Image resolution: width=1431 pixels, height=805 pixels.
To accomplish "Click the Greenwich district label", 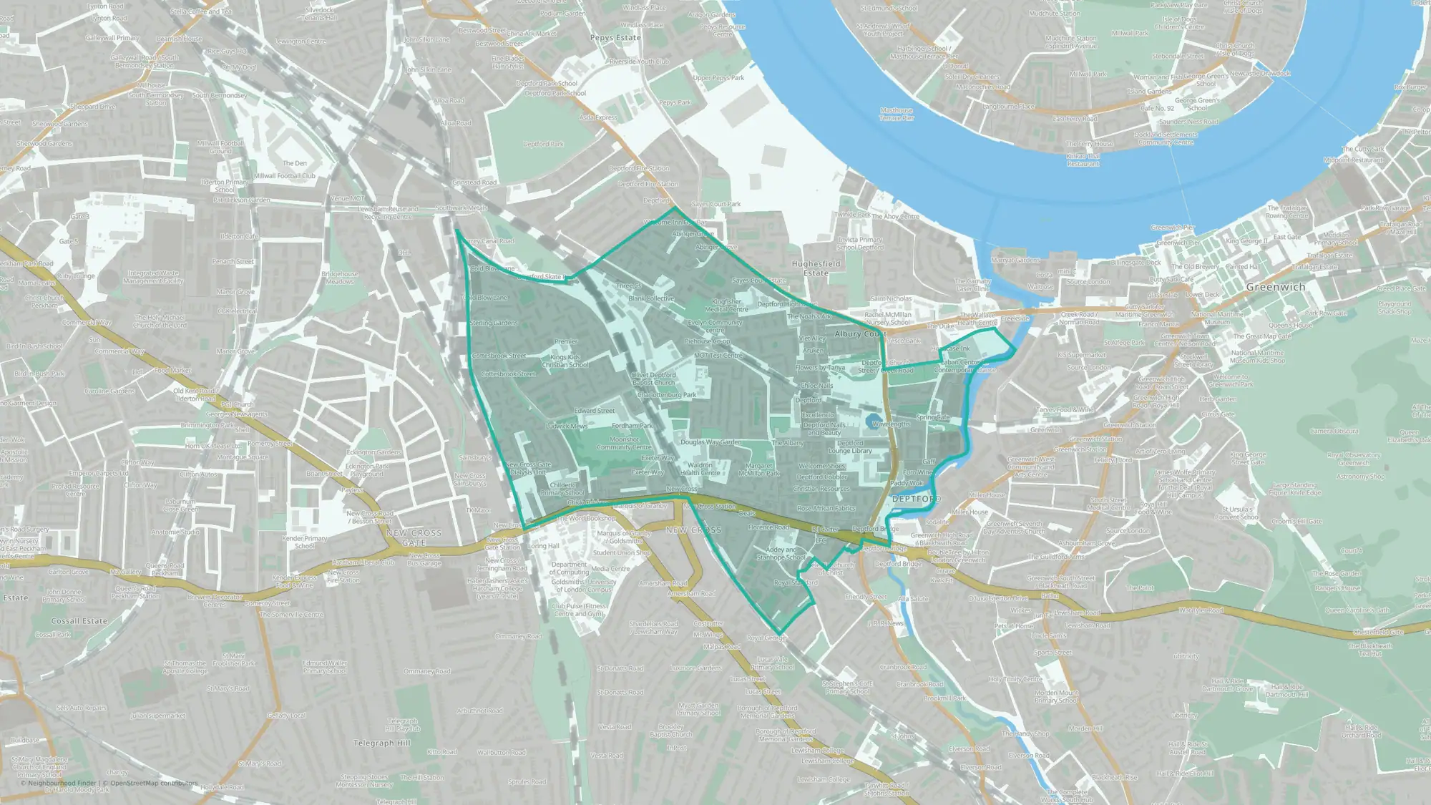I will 1276,287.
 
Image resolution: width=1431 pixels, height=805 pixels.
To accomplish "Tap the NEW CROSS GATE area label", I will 414,537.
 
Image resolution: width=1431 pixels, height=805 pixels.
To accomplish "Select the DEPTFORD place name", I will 917,499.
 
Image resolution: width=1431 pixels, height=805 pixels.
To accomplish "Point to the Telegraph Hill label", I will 382,743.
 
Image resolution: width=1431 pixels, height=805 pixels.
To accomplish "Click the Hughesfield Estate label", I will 816,268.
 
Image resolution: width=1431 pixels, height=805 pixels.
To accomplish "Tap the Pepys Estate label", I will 615,38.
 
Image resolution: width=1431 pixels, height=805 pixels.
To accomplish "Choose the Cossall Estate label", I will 79,621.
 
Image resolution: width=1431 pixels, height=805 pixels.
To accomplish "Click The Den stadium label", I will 295,163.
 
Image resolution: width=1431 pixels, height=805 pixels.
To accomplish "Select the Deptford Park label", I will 543,144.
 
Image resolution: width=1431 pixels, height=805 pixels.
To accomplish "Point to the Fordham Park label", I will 633,426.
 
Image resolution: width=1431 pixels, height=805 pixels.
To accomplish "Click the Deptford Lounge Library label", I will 850,447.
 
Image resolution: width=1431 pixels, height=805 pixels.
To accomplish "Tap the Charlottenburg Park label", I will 666,394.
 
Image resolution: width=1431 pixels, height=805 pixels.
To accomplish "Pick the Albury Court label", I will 860,333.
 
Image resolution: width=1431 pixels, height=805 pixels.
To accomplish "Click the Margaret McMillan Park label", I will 759,469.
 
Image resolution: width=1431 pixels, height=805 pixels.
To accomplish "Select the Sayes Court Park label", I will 716,204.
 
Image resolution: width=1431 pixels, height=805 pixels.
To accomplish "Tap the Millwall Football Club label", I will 285,176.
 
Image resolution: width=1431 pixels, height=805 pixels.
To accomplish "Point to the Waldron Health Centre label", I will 700,469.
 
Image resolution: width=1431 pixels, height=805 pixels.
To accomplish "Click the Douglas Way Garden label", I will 710,442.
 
